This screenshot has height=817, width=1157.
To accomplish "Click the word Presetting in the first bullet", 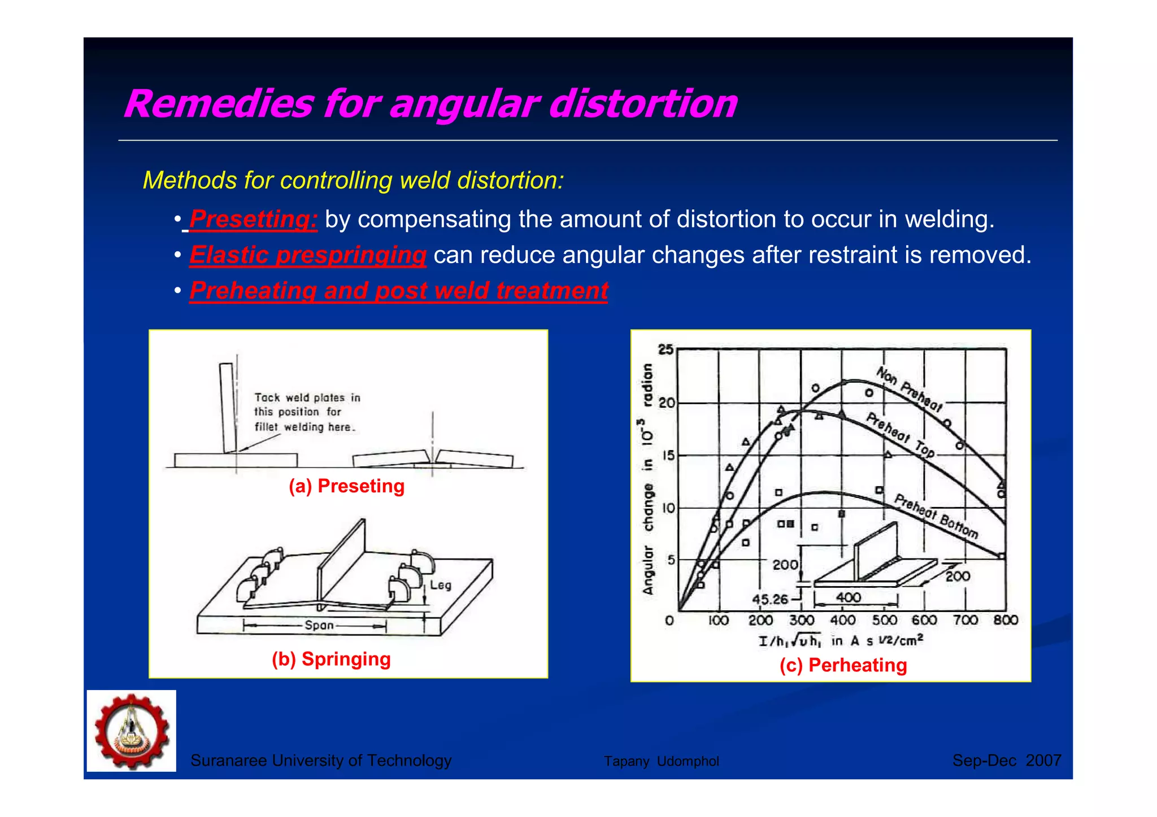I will pos(253,219).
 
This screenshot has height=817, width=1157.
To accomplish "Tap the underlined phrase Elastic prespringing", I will pos(307,255).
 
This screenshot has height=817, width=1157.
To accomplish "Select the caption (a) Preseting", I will pos(346,486).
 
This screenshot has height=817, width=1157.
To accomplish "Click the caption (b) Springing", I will pos(331,659).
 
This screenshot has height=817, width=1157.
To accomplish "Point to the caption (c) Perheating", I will pos(843,665).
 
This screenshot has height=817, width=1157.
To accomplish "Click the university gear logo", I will pos(132,731).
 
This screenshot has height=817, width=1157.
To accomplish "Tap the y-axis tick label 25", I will pos(666,349).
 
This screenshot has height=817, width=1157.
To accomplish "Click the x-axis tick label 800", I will pos(1005,621).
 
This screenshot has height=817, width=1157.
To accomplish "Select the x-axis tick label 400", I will pos(842,621).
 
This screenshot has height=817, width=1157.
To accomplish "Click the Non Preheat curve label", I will pos(909,390).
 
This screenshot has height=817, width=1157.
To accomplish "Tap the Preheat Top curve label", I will pos(900,435).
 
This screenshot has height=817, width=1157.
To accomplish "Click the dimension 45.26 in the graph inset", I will pos(769,599).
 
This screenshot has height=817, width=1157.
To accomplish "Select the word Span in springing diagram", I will pos(319,625).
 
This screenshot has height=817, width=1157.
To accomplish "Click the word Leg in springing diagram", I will pos(441,585).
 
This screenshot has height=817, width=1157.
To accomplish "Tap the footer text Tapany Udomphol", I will pos(661,761).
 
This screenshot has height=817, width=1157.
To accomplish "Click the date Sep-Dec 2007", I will pos(1006,761).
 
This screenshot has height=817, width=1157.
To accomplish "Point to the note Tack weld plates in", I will pos(307,397).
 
